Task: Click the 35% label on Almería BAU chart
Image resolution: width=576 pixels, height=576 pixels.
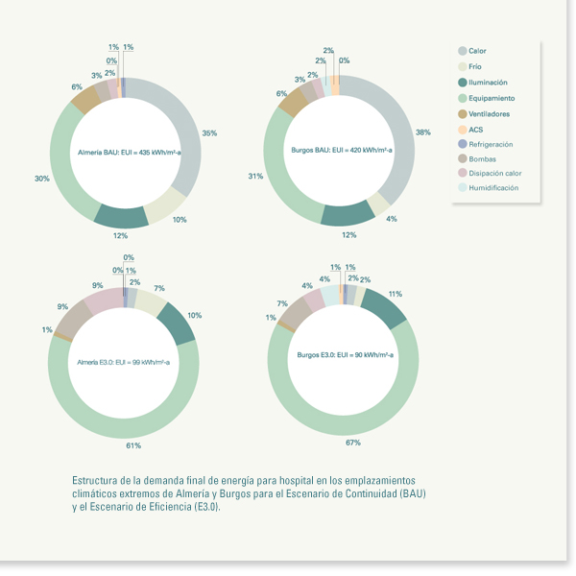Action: tap(209, 133)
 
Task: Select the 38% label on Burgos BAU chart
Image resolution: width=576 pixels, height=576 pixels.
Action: tap(423, 132)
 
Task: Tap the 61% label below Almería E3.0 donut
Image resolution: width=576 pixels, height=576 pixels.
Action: tap(133, 445)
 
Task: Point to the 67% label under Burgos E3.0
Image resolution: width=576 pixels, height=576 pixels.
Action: tap(353, 443)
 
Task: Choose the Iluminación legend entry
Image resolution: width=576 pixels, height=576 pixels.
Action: tap(488, 83)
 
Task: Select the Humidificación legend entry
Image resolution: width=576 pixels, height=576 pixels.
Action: tap(492, 188)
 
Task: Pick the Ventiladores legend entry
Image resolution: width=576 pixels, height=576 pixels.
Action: tap(489, 113)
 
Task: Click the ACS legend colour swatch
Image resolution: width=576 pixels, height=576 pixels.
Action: tap(462, 130)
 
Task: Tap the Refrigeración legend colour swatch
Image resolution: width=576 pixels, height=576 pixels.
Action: tap(462, 144)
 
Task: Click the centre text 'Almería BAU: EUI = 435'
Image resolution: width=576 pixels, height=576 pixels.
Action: tap(123, 152)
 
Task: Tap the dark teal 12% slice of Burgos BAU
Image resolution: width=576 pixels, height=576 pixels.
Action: tap(348, 216)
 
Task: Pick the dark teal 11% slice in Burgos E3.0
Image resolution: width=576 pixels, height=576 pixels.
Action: tap(384, 307)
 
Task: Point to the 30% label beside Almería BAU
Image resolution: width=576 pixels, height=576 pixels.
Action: tap(42, 178)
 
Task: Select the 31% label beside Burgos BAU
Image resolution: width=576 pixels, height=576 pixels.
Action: tap(254, 176)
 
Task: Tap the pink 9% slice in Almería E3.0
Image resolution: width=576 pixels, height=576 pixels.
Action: tap(105, 300)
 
